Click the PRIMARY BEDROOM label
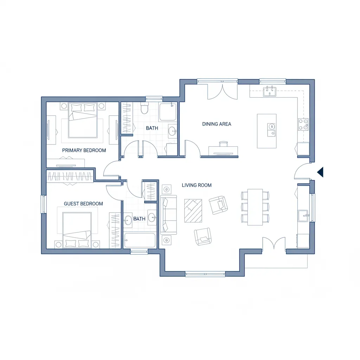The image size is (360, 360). click(x=84, y=150)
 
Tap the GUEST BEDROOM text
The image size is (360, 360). click(x=83, y=204)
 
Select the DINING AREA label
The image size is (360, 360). click(x=217, y=124)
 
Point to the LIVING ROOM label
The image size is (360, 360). click(x=197, y=185)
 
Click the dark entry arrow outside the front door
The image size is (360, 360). click(x=320, y=172)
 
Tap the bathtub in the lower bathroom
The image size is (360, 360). click(x=140, y=240)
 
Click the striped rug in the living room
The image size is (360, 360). click(x=193, y=211)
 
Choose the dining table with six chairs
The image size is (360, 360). click(x=255, y=207)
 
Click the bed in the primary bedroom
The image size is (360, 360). click(x=83, y=120)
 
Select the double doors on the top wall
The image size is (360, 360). click(x=222, y=91)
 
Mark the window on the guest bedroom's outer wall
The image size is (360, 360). click(x=44, y=204)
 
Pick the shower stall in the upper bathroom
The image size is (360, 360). click(x=168, y=112)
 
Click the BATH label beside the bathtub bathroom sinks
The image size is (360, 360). click(x=139, y=219)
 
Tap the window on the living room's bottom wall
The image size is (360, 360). click(x=205, y=274)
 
